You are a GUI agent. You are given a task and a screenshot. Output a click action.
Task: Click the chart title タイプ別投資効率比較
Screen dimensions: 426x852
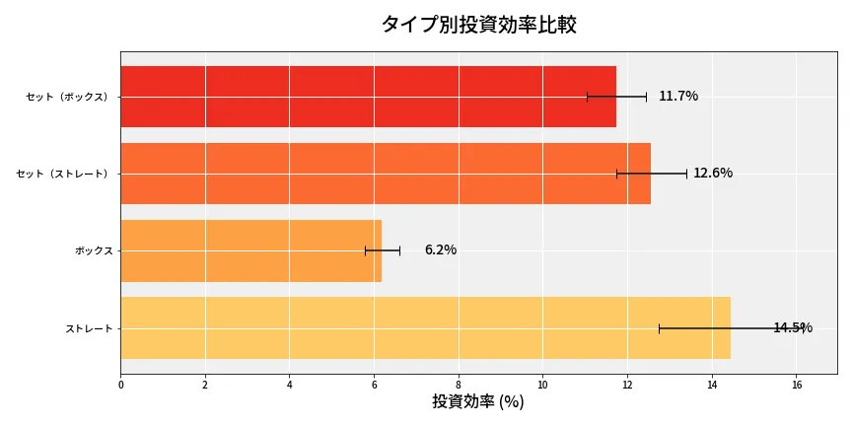[478, 25]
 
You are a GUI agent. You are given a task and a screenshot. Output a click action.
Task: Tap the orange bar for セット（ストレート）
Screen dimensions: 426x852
[385, 174]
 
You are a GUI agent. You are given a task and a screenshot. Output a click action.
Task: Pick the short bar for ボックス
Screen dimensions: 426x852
[250, 250]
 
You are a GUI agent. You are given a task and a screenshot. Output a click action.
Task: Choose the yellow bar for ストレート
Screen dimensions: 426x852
[425, 327]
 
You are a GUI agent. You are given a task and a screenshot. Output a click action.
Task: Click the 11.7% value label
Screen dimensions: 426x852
[678, 96]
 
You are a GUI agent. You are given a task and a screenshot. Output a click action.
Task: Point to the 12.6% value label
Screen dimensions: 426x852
[713, 173]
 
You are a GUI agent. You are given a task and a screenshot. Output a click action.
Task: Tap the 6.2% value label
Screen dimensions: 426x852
[441, 249]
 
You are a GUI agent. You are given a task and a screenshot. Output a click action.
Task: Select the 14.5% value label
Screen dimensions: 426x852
[792, 327]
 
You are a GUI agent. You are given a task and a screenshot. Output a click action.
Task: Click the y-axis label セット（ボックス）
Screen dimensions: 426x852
[69, 97]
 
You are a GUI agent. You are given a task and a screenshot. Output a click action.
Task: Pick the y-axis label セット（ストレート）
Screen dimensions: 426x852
[64, 174]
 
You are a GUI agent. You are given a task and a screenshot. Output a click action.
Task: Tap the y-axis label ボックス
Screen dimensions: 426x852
[94, 250]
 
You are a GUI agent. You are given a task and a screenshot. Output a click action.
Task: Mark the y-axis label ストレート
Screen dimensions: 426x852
[89, 327]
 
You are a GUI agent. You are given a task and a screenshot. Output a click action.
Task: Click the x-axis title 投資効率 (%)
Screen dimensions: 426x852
[478, 401]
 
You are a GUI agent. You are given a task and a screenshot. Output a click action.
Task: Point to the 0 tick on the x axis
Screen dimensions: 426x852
[121, 384]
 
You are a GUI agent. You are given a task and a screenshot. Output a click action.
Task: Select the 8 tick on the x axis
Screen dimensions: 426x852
[459, 384]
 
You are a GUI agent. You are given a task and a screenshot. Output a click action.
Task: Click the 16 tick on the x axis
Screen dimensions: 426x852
[796, 384]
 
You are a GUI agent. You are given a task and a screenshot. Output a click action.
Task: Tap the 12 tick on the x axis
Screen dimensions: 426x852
[627, 384]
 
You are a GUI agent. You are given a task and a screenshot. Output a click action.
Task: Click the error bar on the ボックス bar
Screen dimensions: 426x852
[383, 250]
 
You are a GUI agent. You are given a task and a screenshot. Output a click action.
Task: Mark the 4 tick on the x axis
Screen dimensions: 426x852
[290, 384]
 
